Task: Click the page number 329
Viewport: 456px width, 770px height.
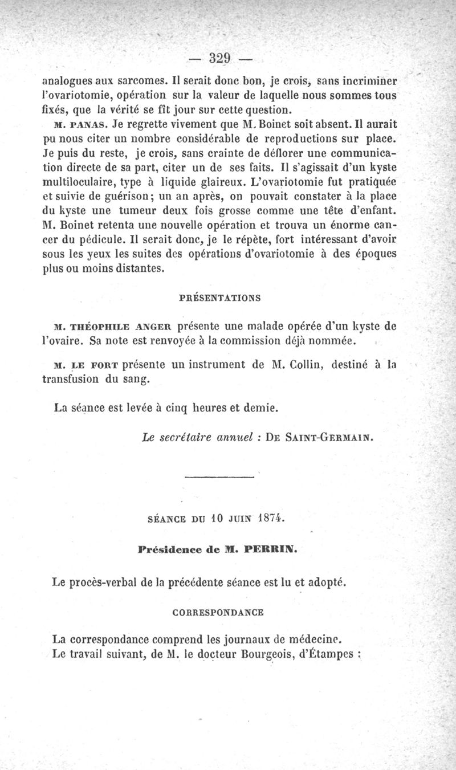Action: point(219,58)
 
